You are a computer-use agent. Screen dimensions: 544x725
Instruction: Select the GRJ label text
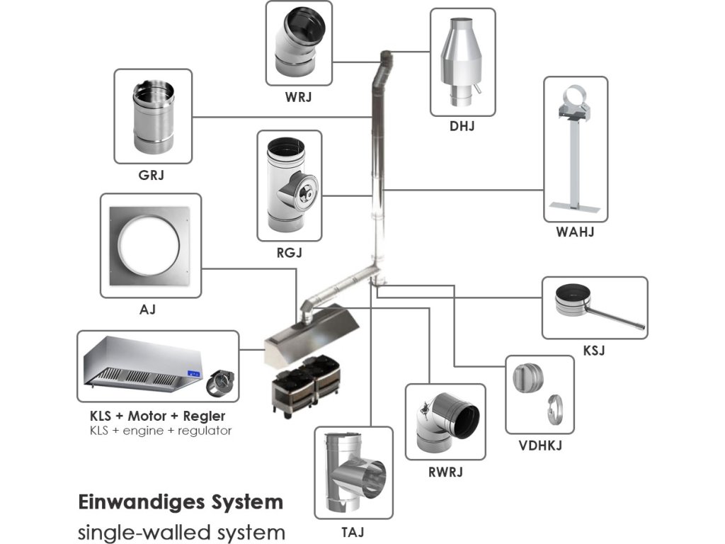pyautogui.click(x=152, y=175)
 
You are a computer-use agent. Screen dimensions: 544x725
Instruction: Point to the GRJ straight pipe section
pyautogui.click(x=152, y=117)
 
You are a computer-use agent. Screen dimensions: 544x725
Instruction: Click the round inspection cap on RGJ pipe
pyautogui.click(x=309, y=191)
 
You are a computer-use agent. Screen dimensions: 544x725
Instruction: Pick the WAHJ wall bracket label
pyautogui.click(x=575, y=232)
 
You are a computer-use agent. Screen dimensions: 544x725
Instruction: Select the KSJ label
pyautogui.click(x=595, y=349)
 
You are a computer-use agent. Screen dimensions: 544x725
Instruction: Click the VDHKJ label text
pyautogui.click(x=540, y=446)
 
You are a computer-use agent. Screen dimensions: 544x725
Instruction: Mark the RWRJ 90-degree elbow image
pyautogui.click(x=445, y=422)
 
